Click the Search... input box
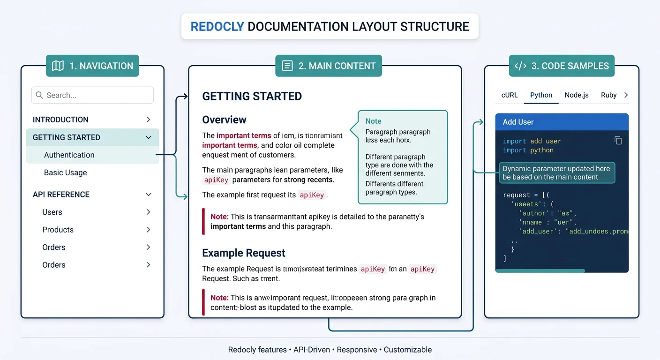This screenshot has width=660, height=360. (92, 95)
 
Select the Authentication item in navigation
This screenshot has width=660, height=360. (69, 155)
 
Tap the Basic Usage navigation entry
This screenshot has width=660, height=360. (66, 172)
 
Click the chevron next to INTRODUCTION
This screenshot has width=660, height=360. (148, 120)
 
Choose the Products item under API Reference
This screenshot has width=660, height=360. (58, 230)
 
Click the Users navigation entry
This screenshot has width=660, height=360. (52, 212)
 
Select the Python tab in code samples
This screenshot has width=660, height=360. (541, 95)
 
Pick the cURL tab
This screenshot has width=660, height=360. (510, 95)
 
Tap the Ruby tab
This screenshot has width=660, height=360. (608, 95)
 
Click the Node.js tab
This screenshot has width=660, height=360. (577, 95)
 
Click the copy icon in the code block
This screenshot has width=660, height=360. (618, 141)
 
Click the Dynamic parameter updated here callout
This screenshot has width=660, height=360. (556, 173)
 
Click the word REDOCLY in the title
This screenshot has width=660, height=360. (217, 26)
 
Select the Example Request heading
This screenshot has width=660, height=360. (243, 253)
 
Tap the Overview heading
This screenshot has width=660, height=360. (224, 120)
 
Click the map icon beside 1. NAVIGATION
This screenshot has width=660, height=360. (58, 66)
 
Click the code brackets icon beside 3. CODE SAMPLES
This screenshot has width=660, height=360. (520, 66)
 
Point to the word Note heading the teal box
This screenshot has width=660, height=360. (373, 121)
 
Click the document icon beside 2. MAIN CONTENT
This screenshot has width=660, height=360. (287, 66)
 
